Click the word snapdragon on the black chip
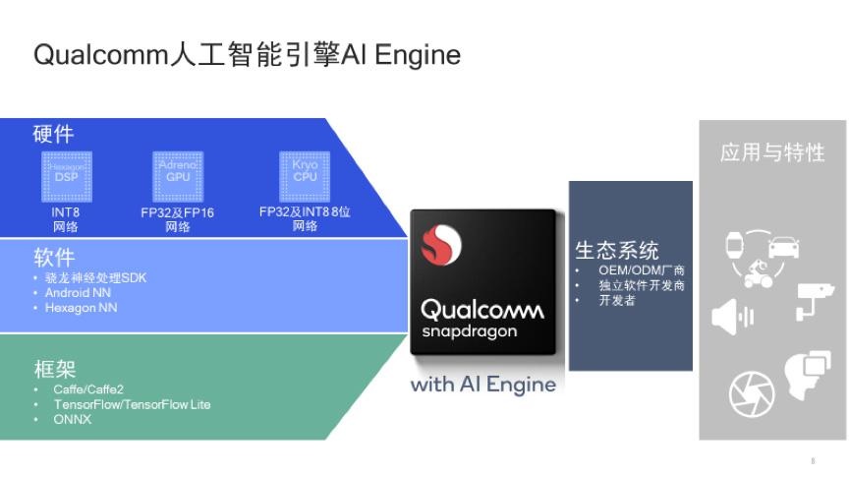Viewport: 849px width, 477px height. click(469, 332)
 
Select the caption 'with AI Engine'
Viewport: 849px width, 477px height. click(482, 384)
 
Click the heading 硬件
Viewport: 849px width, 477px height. click(53, 135)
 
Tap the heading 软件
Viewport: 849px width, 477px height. click(53, 258)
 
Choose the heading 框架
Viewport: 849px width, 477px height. click(53, 369)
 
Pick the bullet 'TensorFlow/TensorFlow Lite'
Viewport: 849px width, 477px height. click(132, 404)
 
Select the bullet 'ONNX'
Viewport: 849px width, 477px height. click(72, 419)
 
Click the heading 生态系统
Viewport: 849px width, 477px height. click(616, 251)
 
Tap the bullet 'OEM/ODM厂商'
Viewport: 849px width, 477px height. click(642, 270)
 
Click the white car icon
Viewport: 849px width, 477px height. click(782, 245)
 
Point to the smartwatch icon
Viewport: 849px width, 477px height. click(733, 244)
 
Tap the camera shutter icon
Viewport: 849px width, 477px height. click(752, 394)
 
